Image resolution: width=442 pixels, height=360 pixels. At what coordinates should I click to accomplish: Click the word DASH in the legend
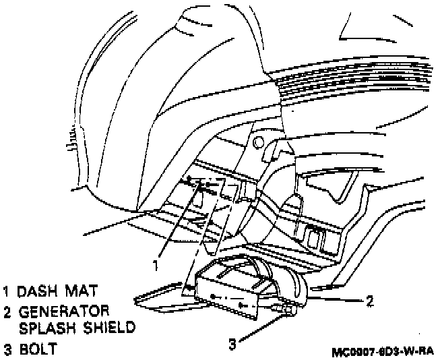(39, 292)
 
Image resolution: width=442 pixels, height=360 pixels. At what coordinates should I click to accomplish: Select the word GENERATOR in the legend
(63, 312)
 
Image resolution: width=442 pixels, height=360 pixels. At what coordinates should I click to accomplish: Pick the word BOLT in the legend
(37, 350)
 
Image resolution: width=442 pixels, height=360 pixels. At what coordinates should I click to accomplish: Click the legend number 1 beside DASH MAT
(6, 292)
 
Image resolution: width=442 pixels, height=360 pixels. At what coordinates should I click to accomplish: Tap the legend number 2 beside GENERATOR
(7, 312)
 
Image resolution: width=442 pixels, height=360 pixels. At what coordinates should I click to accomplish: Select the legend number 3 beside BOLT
(7, 350)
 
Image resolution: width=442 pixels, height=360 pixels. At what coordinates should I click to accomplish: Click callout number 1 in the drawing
(156, 265)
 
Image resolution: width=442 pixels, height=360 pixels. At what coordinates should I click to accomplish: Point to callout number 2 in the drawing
(370, 301)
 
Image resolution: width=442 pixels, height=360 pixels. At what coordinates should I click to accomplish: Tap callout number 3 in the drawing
(231, 344)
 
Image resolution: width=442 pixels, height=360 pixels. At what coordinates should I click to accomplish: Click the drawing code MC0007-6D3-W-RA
(383, 352)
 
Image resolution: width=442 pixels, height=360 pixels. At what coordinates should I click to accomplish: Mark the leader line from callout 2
(337, 297)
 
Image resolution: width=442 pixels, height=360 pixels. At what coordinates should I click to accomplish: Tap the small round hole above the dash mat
(258, 143)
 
